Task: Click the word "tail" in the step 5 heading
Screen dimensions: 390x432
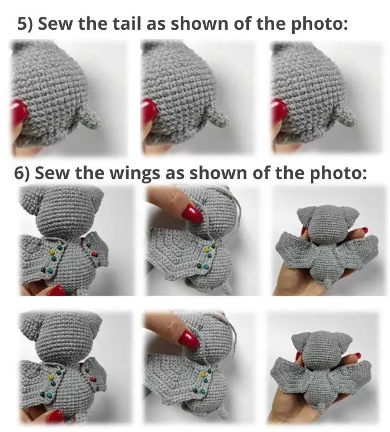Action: (128, 23)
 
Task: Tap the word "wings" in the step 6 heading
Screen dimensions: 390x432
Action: (135, 173)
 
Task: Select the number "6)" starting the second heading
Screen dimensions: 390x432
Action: (22, 174)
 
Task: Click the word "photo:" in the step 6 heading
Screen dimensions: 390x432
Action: (338, 174)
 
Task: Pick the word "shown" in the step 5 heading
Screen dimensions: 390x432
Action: (200, 23)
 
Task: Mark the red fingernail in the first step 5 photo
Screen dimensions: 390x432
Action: (19, 112)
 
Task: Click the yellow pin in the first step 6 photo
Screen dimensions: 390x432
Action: (51, 252)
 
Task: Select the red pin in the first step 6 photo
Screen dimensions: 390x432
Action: (94, 253)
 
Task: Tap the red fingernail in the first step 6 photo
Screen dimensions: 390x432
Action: (56, 291)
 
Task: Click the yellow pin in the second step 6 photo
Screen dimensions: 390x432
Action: (206, 250)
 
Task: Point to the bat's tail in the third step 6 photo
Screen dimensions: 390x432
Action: (328, 283)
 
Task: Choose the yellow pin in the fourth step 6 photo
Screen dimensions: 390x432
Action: (51, 377)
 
